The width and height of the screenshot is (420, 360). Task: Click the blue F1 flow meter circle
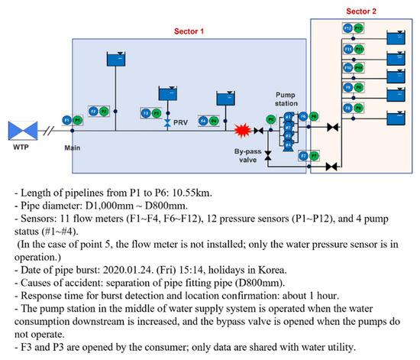coord(67,120)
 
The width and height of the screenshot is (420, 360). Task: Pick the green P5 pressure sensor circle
coord(270,119)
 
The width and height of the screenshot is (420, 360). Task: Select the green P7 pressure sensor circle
coord(315,155)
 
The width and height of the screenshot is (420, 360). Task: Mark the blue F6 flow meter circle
coord(303,116)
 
